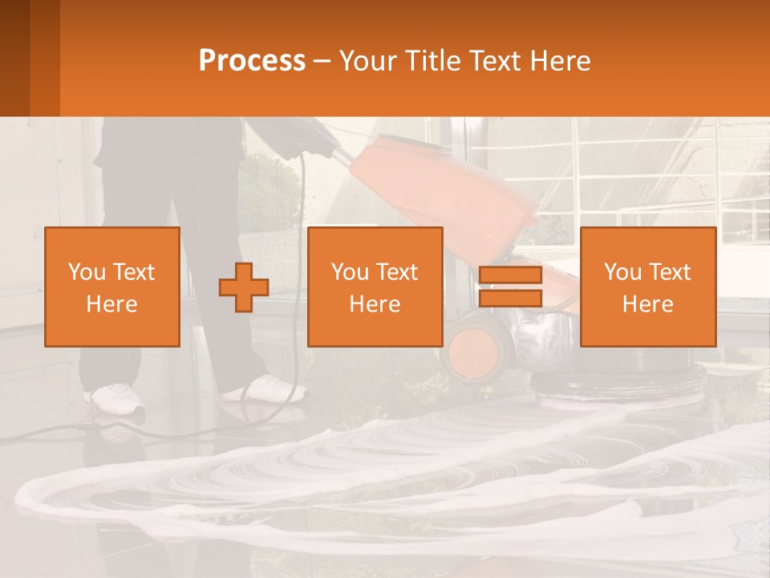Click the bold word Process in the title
click(x=252, y=61)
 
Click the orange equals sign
click(x=510, y=287)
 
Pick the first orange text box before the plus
click(x=112, y=287)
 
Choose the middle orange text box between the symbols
click(x=375, y=287)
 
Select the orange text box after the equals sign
click(x=648, y=287)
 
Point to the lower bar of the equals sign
click(x=510, y=299)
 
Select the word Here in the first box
click(x=111, y=304)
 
